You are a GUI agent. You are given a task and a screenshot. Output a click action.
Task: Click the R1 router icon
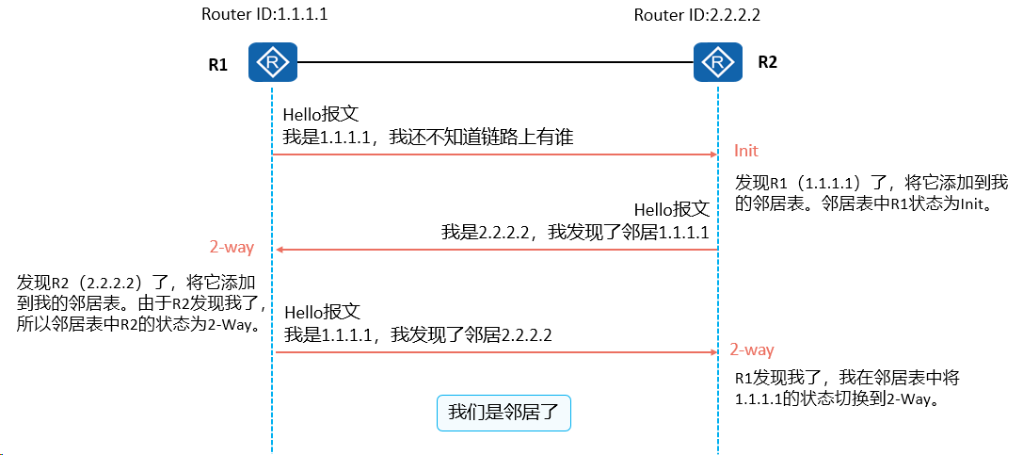(x=273, y=63)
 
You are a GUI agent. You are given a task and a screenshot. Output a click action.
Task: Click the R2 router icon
(x=718, y=63)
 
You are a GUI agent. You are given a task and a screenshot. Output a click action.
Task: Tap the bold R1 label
(x=218, y=65)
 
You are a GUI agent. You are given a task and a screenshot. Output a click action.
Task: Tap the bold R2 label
(x=767, y=62)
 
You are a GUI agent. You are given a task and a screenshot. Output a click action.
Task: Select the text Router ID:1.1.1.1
(x=264, y=14)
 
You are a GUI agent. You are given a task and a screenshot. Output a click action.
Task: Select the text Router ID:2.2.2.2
(x=696, y=15)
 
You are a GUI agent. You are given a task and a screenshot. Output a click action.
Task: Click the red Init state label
(x=746, y=151)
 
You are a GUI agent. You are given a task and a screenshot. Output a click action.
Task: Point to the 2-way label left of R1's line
(x=232, y=248)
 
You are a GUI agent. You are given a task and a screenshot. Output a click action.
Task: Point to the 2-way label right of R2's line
(x=752, y=349)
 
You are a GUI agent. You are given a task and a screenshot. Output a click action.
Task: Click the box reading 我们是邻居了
(x=503, y=413)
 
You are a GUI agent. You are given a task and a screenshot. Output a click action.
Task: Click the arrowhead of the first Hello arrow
(x=713, y=154)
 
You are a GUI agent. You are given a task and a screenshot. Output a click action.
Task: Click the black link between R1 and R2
(x=495, y=62)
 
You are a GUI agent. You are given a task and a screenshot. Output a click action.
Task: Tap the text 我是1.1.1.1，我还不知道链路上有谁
(x=428, y=138)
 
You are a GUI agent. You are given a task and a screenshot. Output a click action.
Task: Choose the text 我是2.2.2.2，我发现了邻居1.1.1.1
(x=575, y=233)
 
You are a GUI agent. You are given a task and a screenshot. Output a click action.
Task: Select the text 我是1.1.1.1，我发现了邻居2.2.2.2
(x=418, y=335)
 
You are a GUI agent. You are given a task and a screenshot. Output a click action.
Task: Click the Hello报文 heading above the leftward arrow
(x=672, y=209)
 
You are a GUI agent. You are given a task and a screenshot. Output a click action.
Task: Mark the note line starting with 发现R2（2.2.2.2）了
(x=136, y=284)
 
